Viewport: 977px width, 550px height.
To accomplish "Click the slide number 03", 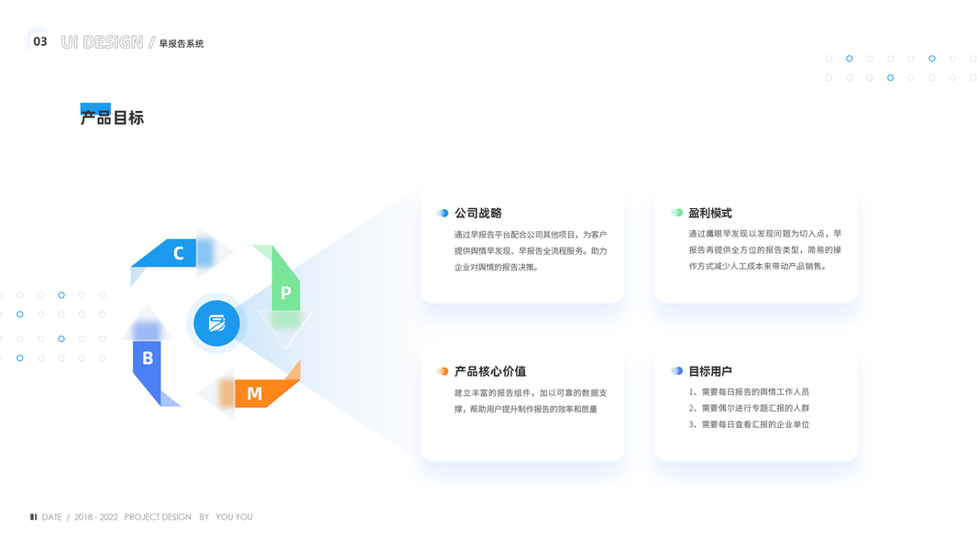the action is click(40, 41).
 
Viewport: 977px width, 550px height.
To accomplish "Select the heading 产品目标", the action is click(112, 117).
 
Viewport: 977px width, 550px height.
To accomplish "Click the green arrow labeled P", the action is click(285, 291).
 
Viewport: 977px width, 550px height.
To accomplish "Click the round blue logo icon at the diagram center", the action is click(217, 323).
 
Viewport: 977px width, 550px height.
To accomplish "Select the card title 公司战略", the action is click(478, 213).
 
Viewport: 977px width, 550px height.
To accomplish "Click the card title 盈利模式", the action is click(710, 213).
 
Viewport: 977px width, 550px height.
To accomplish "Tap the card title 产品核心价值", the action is click(490, 371).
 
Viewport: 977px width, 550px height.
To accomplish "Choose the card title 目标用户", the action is click(710, 371).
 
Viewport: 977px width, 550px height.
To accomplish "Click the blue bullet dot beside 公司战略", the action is click(443, 213).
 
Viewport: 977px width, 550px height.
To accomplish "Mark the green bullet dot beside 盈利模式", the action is click(676, 213).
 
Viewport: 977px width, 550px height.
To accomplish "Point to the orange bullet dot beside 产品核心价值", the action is click(443, 371).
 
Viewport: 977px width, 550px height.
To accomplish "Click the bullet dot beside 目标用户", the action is click(676, 371).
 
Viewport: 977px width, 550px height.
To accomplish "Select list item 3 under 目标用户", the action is click(749, 424).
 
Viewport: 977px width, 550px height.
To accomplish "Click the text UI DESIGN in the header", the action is click(102, 42).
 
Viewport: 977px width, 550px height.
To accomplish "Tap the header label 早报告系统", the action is click(181, 43).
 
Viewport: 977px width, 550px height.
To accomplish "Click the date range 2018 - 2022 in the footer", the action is click(96, 517).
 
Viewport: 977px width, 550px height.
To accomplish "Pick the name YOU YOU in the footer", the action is click(234, 517).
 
